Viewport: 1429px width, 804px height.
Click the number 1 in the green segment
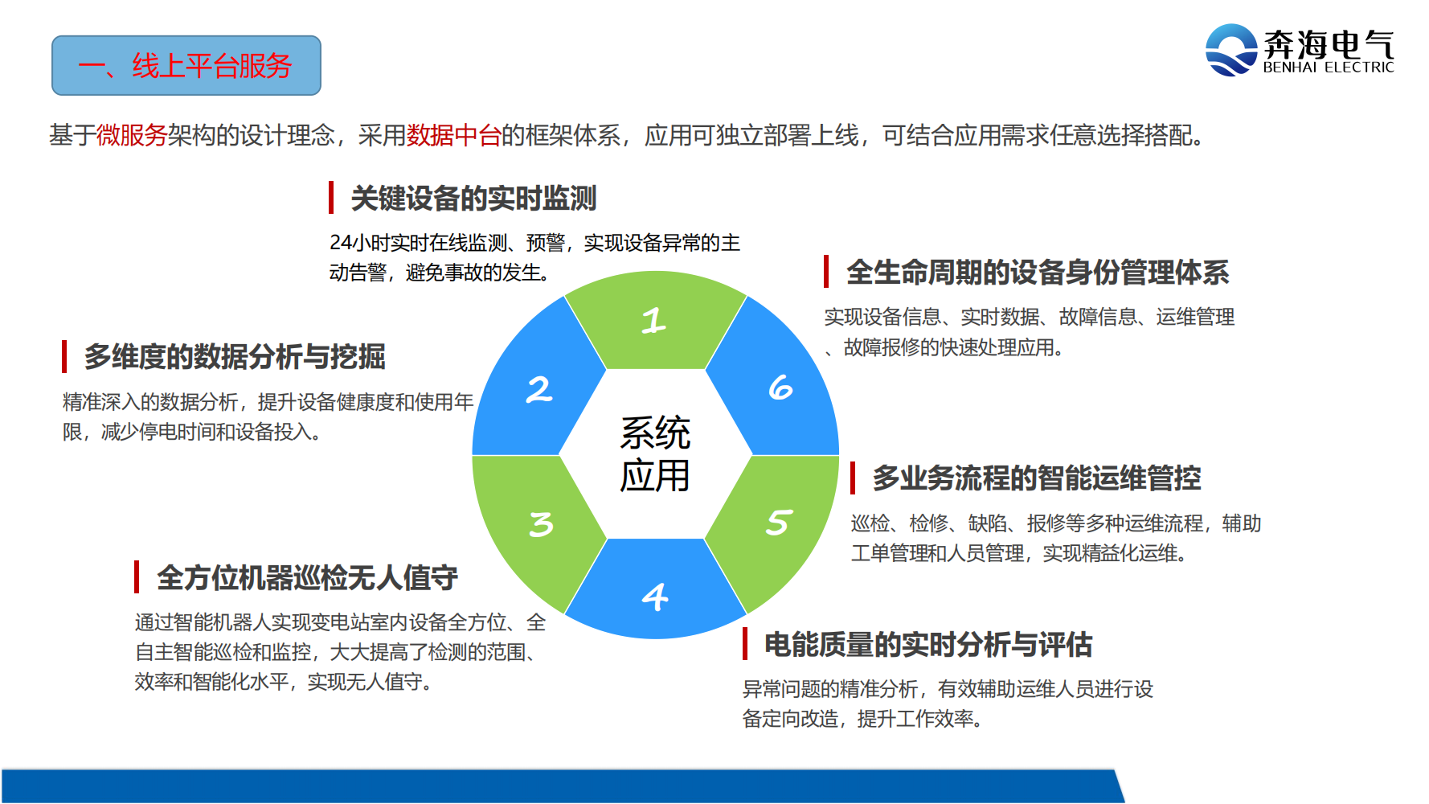click(x=653, y=320)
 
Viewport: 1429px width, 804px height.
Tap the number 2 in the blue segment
click(x=539, y=389)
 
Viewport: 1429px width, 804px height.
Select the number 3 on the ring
click(x=541, y=524)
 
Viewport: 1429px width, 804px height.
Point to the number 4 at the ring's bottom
click(x=655, y=597)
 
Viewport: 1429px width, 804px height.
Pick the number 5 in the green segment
click(x=779, y=523)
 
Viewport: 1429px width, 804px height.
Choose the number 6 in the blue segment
click(x=780, y=388)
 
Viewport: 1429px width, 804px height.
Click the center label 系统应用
click(x=655, y=454)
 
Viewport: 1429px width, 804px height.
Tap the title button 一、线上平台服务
click(x=186, y=65)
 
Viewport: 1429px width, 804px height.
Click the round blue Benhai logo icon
click(x=1230, y=50)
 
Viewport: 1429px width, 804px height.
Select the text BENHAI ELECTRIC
click(x=1329, y=68)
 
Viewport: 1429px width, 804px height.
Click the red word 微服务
click(x=132, y=135)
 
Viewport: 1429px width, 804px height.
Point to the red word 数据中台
click(x=454, y=135)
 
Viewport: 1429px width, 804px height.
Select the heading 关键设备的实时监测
click(x=473, y=198)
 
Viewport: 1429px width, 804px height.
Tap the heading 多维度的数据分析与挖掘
click(x=235, y=356)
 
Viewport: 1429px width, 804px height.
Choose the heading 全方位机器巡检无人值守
click(x=307, y=577)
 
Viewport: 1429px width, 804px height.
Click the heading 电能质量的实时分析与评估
click(x=928, y=644)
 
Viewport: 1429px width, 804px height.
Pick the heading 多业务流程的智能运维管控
click(x=1037, y=478)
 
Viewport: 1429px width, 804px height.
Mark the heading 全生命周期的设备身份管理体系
click(x=1038, y=272)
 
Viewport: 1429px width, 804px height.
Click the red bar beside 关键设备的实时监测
click(x=331, y=198)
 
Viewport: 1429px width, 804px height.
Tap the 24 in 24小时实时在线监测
click(x=341, y=243)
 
